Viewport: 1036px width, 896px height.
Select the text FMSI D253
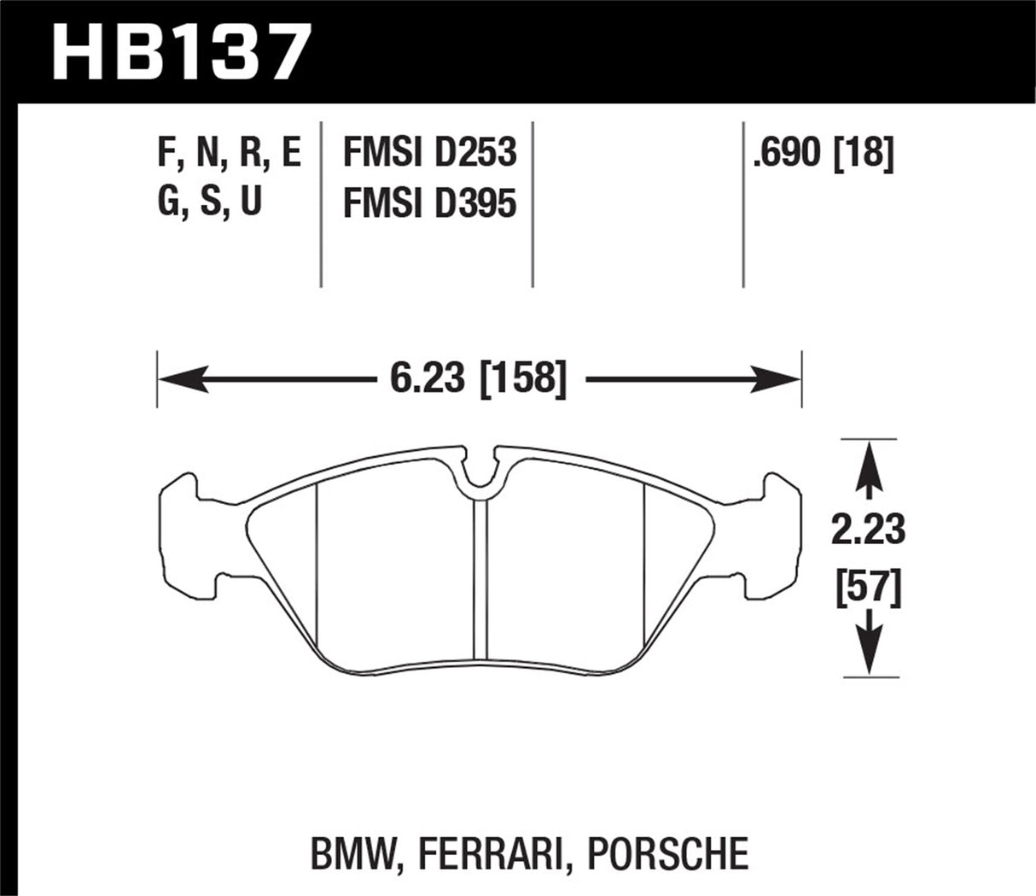point(429,154)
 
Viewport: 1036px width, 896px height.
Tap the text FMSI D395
point(429,203)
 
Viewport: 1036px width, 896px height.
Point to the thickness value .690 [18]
point(822,155)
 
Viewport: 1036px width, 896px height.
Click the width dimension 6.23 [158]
point(478,378)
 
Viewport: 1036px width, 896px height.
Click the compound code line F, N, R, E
point(229,155)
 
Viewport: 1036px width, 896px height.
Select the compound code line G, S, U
point(210,203)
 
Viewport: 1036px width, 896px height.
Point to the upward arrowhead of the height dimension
point(869,461)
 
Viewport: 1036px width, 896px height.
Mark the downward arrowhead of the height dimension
point(869,654)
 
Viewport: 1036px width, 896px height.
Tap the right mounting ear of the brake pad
point(771,538)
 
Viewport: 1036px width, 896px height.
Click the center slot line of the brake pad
point(480,581)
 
